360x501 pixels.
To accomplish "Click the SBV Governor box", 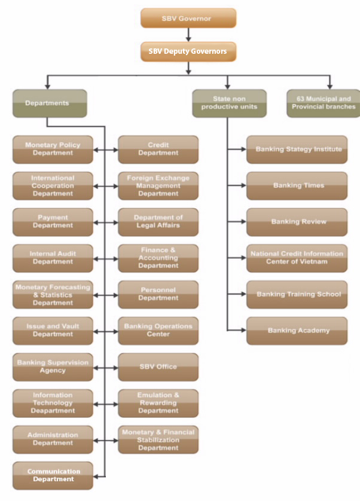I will coord(188,18).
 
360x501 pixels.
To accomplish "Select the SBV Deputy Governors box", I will coord(188,51).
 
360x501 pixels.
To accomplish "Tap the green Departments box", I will coord(49,103).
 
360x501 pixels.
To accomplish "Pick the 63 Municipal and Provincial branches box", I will coord(324,103).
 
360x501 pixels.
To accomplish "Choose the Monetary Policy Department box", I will coord(53,149).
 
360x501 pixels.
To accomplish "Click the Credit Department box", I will coord(158,149).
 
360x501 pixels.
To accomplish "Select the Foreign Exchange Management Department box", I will coord(158,185).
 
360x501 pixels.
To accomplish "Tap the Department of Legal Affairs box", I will coord(158,221).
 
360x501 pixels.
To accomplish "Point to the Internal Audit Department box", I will coord(53,258).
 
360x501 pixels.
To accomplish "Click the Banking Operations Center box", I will coord(158,330).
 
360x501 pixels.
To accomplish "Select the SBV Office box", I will coord(158,366).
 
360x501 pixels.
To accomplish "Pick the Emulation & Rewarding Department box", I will coord(158,403).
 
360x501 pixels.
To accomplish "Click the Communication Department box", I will coord(53,475).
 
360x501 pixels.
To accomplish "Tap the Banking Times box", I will coord(297,185).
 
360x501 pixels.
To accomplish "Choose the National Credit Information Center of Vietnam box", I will coord(297,258).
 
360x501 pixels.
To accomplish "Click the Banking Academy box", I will coord(297,330).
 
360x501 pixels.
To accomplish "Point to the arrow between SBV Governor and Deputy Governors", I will coord(188,35).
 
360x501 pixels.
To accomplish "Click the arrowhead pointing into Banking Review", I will coord(242,222).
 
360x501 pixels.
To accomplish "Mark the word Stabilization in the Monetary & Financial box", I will coord(158,439).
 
